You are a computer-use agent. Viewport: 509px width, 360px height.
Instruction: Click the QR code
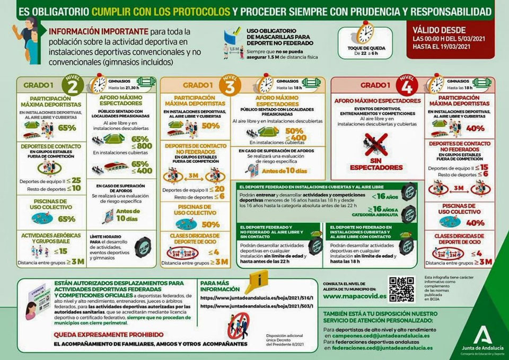[400, 289]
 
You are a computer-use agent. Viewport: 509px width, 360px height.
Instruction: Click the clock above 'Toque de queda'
[365, 33]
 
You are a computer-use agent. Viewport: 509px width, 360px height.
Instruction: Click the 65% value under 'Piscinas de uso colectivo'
[66, 218]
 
